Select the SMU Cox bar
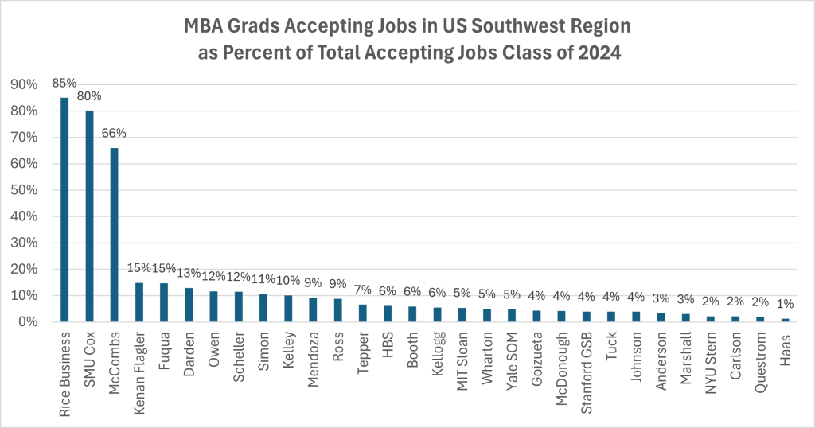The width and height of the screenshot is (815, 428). pyautogui.click(x=90, y=216)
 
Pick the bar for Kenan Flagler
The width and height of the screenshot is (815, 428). pyautogui.click(x=139, y=302)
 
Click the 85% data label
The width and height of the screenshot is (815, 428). pyautogui.click(x=64, y=82)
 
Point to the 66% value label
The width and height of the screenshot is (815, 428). pyautogui.click(x=115, y=132)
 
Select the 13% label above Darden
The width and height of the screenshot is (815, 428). pyautogui.click(x=189, y=273)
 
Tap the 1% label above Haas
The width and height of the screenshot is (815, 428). pyautogui.click(x=785, y=305)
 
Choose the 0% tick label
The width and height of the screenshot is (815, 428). pyautogui.click(x=25, y=322)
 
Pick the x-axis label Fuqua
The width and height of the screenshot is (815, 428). pyautogui.click(x=165, y=350)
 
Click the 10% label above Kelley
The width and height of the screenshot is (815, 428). pyautogui.click(x=289, y=281)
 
